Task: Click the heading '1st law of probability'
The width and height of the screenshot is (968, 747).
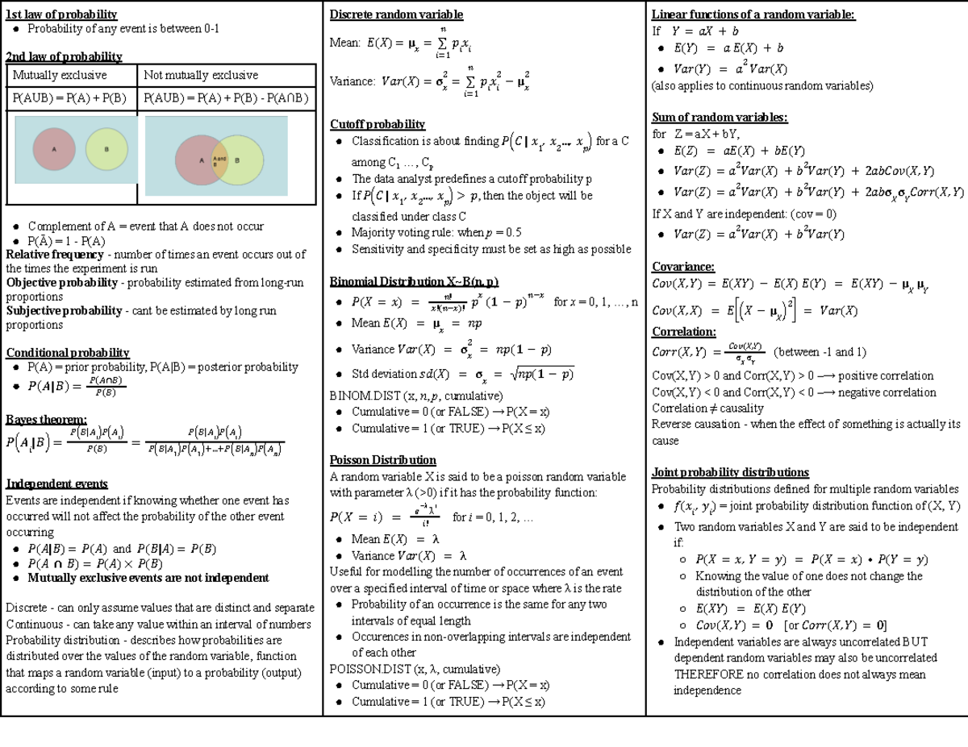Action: (x=61, y=14)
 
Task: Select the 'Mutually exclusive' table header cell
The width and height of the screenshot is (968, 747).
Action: (x=60, y=75)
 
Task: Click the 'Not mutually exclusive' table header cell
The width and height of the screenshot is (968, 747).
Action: (x=201, y=75)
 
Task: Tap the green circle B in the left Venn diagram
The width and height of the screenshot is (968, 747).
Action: (x=106, y=149)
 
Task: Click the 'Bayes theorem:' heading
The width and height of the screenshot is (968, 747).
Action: (x=46, y=419)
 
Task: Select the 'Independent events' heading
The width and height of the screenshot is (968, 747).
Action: (x=56, y=483)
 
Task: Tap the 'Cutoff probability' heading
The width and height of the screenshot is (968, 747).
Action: (x=378, y=124)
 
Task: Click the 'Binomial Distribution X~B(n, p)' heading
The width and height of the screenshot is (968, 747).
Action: (x=415, y=281)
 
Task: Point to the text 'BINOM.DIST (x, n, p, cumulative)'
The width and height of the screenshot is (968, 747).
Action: (x=416, y=396)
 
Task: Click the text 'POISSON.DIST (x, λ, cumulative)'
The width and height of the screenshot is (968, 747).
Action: (x=415, y=669)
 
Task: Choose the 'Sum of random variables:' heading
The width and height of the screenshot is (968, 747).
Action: (x=720, y=118)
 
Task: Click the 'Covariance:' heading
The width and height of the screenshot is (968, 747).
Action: (x=682, y=267)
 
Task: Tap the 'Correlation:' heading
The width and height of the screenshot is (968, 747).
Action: (x=683, y=332)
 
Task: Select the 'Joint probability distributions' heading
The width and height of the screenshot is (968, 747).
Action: (x=730, y=472)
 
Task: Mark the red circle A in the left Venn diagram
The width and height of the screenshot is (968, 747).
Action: (x=56, y=149)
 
